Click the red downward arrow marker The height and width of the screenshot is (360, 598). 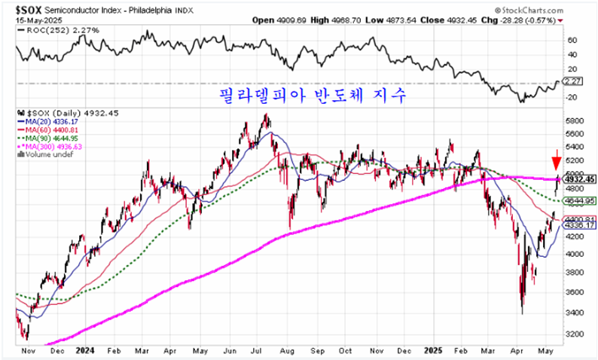pyautogui.click(x=556, y=160)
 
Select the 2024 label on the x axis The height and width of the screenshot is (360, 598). pyautogui.click(x=84, y=351)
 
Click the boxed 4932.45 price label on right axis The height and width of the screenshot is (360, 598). pyautogui.click(x=580, y=179)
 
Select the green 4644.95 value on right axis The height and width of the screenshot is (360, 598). pyautogui.click(x=580, y=201)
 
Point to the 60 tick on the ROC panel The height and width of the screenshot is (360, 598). pyautogui.click(x=572, y=39)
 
